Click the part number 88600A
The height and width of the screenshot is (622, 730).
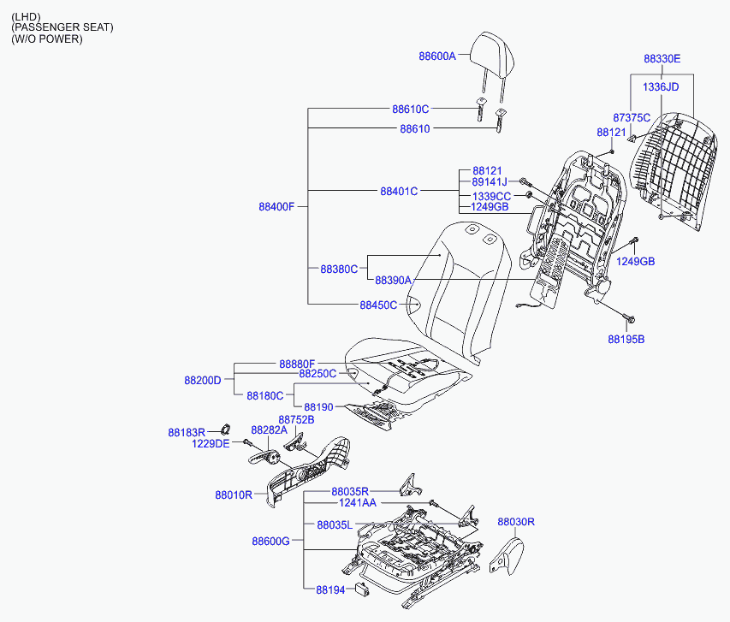437,56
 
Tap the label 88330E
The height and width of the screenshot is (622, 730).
662,59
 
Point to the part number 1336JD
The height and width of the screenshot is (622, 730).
660,86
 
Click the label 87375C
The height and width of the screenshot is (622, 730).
632,117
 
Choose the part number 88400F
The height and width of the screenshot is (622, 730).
276,206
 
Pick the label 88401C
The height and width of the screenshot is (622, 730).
399,191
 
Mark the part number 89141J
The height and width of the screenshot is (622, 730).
490,182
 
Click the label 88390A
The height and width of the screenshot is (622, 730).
394,280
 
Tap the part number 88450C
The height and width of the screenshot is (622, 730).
378,305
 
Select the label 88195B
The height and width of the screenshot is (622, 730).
626,339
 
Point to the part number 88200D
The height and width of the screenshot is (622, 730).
203,380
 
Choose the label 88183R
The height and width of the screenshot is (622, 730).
187,433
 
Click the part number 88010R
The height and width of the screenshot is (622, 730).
234,495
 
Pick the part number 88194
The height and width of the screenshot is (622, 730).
329,589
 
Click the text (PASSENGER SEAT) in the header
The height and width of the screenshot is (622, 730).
62,28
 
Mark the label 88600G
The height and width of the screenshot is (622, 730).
270,541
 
